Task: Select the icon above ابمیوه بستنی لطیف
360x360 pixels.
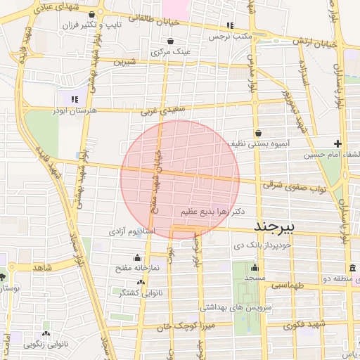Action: pos(259,131)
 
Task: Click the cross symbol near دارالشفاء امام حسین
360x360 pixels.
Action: pos(337,143)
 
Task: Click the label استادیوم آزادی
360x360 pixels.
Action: pos(127,231)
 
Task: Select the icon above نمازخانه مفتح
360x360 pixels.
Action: pos(136,257)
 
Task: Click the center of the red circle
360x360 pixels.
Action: pos(180,180)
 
